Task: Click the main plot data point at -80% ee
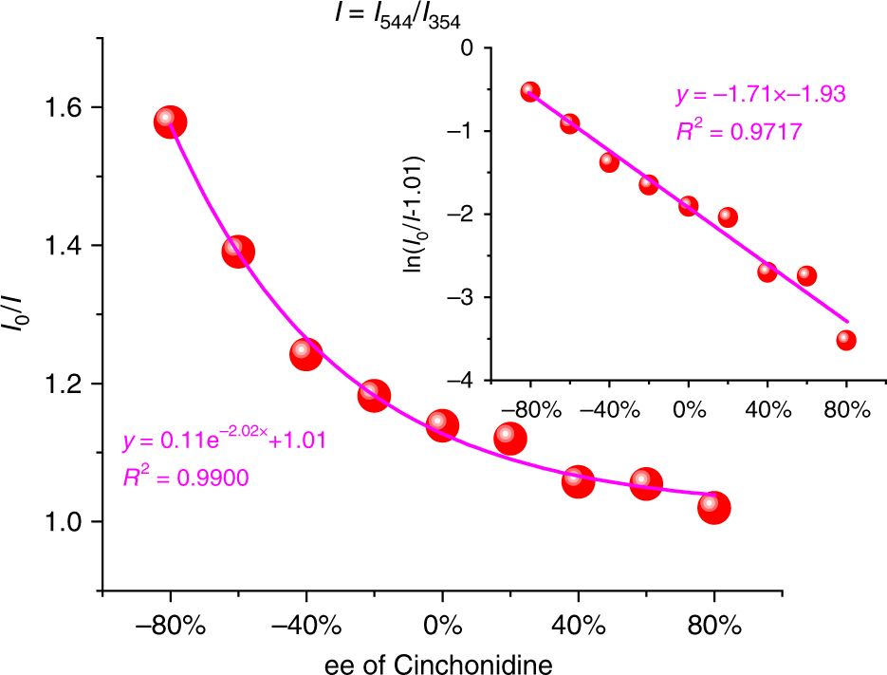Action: pyautogui.click(x=170, y=122)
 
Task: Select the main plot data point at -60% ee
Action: pyautogui.click(x=238, y=252)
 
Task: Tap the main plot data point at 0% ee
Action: pyautogui.click(x=442, y=424)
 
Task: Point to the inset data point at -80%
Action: pyautogui.click(x=530, y=92)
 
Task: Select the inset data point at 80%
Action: pyautogui.click(x=846, y=340)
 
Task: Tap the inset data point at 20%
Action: pyautogui.click(x=728, y=217)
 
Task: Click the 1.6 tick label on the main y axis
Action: pyautogui.click(x=61, y=107)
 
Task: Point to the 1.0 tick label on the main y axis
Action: pyautogui.click(x=61, y=522)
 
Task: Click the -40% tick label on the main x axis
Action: pyautogui.click(x=305, y=625)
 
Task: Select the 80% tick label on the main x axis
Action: pyautogui.click(x=713, y=625)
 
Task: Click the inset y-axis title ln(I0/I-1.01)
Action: pyautogui.click(x=415, y=215)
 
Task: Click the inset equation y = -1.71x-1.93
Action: pyautogui.click(x=760, y=95)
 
